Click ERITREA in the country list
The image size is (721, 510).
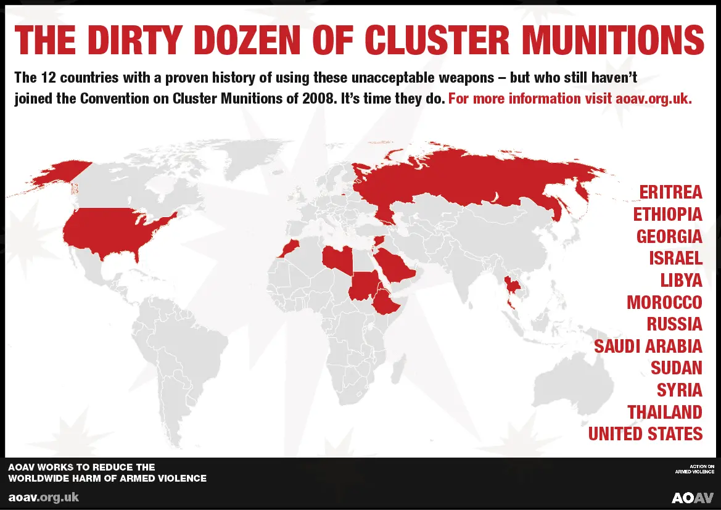pyautogui.click(x=670, y=192)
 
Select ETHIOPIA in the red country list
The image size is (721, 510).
pyautogui.click(x=667, y=215)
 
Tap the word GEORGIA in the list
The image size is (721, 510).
pyautogui.click(x=669, y=236)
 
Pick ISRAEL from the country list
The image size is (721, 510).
pyautogui.click(x=675, y=258)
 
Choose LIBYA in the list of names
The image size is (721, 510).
pyautogui.click(x=681, y=280)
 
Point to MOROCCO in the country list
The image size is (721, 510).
pyautogui.click(x=664, y=302)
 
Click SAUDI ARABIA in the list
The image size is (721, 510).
pyautogui.click(x=648, y=346)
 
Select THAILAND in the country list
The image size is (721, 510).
pyautogui.click(x=665, y=412)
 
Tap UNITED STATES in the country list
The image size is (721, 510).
pyautogui.click(x=645, y=434)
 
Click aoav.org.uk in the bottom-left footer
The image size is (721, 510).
pyautogui.click(x=43, y=497)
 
